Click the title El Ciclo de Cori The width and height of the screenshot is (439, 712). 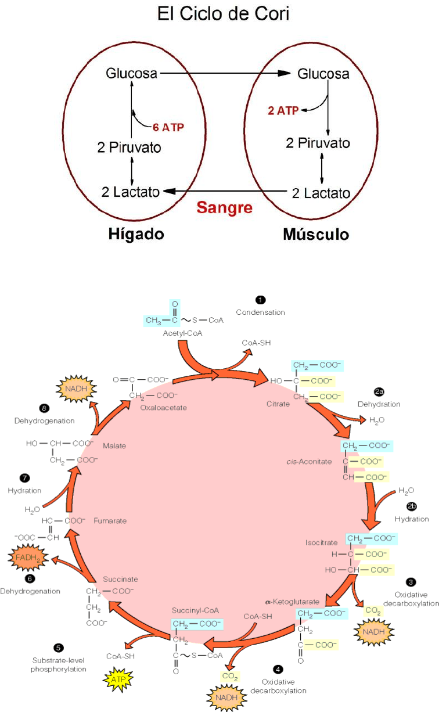[x=223, y=14]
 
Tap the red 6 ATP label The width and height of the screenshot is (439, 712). [x=168, y=127]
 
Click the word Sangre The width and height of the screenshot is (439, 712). [x=224, y=207]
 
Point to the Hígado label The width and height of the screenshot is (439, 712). [x=136, y=234]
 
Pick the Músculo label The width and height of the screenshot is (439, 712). [x=316, y=234]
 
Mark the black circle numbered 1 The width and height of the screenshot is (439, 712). [x=260, y=300]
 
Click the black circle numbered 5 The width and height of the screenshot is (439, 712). [x=58, y=648]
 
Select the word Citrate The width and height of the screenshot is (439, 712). [x=278, y=404]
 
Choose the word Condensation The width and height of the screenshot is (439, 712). [x=260, y=312]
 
